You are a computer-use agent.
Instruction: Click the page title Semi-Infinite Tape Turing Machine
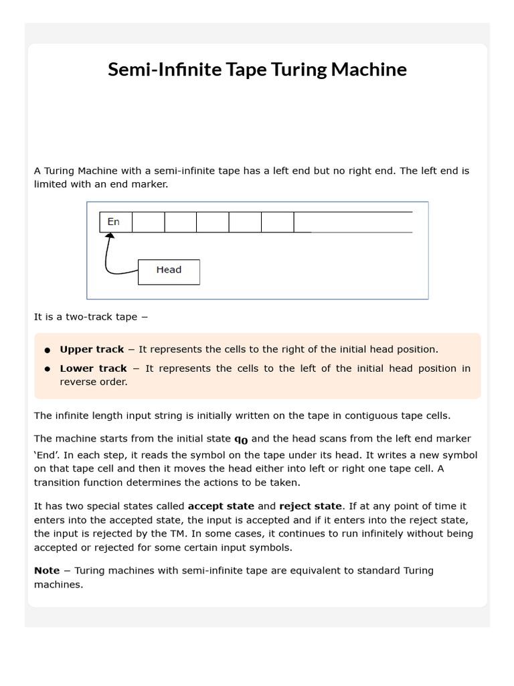257,70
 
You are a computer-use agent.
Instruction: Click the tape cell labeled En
115,222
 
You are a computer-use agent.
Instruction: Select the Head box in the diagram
169,271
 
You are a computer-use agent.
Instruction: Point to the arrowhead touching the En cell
108,236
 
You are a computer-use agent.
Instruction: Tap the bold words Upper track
92,349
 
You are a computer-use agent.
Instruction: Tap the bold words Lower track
93,368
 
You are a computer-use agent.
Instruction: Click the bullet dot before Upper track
48,350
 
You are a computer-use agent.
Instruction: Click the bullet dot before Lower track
48,369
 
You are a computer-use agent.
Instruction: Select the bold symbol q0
240,439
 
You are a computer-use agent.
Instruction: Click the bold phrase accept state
221,506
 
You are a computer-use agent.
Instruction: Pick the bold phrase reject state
310,506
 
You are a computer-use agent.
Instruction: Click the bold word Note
47,571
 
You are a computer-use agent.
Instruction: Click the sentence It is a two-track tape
90,317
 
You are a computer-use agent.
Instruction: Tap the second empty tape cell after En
180,222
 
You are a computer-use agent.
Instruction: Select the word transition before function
60,482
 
